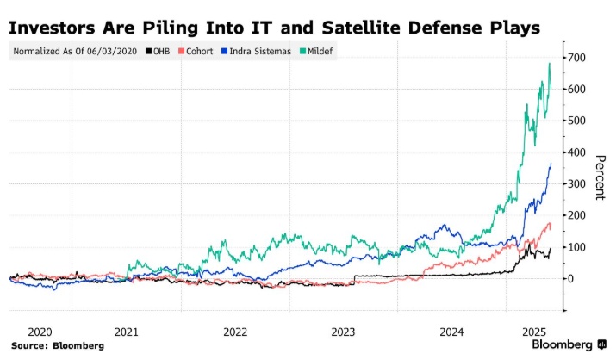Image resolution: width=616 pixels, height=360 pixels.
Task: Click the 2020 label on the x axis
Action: click(40, 331)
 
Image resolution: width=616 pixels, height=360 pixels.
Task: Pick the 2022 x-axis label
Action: click(235, 331)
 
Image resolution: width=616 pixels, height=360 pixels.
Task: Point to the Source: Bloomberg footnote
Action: click(58, 345)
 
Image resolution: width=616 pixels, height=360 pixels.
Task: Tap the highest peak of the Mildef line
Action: click(549, 64)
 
